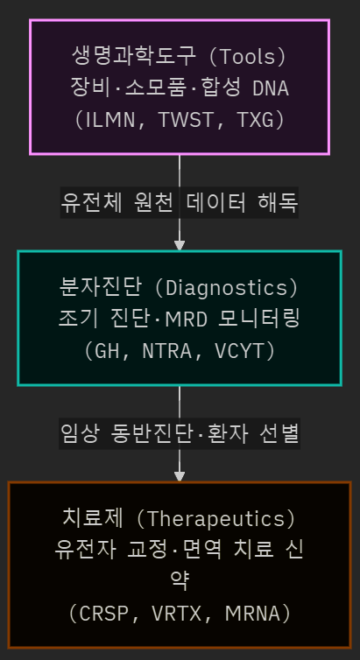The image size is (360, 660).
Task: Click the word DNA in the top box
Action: [271, 88]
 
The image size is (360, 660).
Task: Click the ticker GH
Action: [108, 351]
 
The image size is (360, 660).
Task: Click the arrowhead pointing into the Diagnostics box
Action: [180, 245]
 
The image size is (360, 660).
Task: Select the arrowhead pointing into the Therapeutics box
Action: [180, 476]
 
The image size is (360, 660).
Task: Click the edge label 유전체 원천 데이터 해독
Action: [180, 202]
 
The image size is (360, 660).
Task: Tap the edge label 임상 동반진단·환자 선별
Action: [180, 433]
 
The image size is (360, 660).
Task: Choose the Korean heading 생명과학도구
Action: [134, 56]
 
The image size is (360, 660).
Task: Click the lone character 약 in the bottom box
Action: [180, 581]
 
